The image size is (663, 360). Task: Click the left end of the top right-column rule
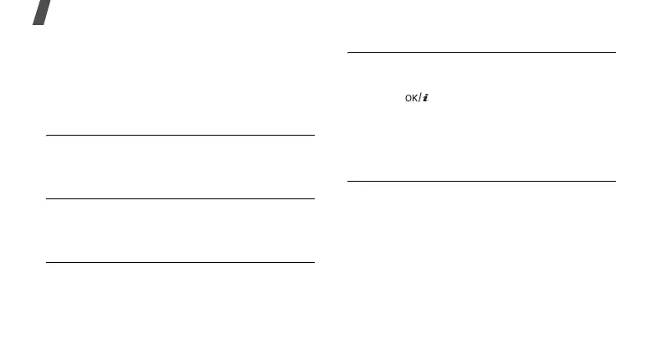coord(348,54)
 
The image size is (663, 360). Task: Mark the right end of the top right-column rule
coord(615,54)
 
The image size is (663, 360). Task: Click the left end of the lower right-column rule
coord(348,181)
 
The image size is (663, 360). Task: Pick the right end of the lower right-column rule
coord(615,181)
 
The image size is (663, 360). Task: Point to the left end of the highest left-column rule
coord(47,135)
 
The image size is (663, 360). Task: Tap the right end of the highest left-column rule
coord(314,135)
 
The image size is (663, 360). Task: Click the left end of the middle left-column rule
coord(47,198)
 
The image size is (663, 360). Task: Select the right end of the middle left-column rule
coord(314,198)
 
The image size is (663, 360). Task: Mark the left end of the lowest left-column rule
coord(47,262)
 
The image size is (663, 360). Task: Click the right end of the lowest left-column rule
coord(314,262)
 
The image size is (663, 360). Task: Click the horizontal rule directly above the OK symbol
coord(481,54)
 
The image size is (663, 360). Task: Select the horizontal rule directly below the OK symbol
coord(481,181)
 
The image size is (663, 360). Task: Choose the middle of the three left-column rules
coord(180,198)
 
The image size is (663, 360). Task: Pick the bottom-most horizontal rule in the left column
coord(180,262)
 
